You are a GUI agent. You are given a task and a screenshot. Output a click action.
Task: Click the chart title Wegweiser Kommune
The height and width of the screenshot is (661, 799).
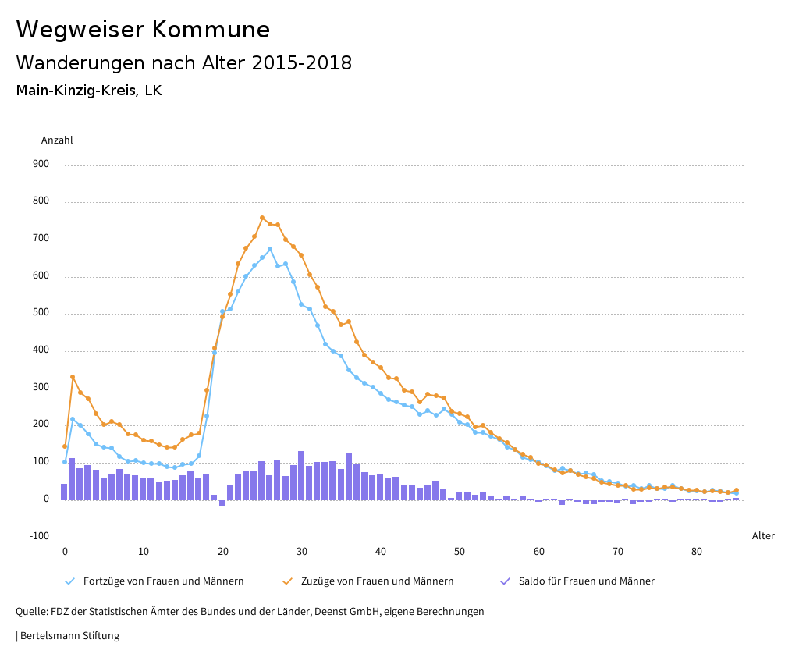tap(143, 30)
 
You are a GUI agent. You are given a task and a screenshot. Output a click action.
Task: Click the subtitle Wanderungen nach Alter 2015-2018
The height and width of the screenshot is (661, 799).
tap(183, 63)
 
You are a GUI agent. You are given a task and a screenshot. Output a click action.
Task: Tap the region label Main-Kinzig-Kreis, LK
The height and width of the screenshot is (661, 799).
tap(88, 91)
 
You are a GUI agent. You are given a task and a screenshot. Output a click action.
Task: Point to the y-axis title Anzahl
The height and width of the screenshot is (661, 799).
tap(57, 140)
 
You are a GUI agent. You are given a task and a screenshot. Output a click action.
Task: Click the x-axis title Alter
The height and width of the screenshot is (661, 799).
tap(763, 536)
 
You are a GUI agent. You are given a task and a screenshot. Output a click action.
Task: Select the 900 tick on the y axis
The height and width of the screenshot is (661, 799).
tap(41, 165)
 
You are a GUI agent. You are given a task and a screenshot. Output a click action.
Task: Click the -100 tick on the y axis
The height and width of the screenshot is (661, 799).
tap(39, 536)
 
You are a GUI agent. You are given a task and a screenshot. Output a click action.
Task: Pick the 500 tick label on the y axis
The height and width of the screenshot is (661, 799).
tap(41, 313)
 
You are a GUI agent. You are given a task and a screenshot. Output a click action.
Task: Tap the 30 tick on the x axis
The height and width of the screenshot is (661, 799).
tap(301, 552)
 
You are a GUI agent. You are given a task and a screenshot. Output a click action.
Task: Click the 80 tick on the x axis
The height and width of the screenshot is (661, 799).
tap(697, 552)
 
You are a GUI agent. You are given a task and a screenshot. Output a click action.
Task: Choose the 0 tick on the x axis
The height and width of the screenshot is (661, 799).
tap(65, 552)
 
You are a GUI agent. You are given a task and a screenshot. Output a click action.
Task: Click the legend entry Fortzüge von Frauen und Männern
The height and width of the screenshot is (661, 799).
tap(163, 581)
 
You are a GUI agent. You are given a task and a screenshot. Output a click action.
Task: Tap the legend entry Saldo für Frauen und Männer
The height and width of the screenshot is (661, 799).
tap(586, 581)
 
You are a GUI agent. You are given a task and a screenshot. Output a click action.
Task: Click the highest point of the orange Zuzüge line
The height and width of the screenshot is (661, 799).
tap(262, 218)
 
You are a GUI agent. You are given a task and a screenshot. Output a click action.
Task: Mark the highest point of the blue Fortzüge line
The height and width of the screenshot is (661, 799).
tap(270, 250)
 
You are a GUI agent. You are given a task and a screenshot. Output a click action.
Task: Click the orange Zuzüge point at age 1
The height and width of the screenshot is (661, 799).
tap(73, 377)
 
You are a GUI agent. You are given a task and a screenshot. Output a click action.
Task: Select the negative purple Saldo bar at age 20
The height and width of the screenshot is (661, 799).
tap(222, 503)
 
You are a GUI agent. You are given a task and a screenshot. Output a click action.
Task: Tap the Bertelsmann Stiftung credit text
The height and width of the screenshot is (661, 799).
tap(69, 636)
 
